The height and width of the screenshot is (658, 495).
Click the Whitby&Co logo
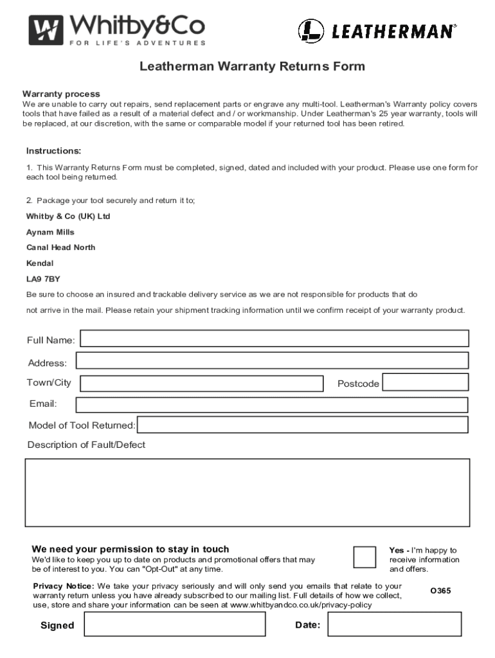[117, 30]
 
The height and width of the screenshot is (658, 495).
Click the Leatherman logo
[377, 30]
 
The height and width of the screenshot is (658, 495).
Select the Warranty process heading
[61, 94]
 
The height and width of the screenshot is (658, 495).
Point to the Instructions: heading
[53, 151]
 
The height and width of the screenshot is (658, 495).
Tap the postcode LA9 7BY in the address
[44, 279]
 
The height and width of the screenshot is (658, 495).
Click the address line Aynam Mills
[50, 232]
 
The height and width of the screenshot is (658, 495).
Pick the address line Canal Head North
[60, 247]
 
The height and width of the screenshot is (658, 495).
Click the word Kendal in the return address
[40, 263]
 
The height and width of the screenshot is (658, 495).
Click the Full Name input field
[274, 339]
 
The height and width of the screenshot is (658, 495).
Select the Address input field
[272, 360]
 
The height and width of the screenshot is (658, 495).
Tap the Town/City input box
[201, 384]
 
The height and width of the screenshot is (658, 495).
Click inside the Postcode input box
[426, 382]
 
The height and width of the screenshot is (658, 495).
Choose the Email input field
[272, 405]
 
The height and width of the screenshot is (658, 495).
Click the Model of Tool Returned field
[303, 425]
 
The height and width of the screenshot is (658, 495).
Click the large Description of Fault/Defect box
[248, 492]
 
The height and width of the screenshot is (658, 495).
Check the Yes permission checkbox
[365, 557]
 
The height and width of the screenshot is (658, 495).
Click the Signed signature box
[174, 624]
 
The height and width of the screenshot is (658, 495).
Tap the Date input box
[394, 624]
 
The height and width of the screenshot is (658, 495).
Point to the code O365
[440, 591]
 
